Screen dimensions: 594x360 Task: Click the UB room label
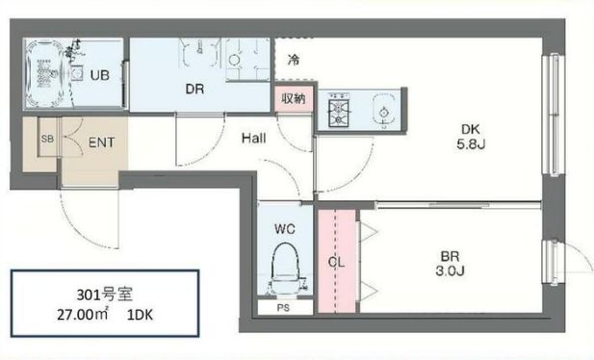coord(100,75)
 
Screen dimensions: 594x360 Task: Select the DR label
coord(194,90)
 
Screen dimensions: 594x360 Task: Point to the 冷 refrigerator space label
coord(294,60)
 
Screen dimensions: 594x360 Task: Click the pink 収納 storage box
coord(294,99)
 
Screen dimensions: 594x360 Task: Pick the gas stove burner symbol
coord(338,109)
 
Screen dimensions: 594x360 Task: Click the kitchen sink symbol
coord(384,111)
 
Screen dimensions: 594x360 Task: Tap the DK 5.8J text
coord(471,137)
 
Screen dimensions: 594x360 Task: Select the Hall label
coord(254,139)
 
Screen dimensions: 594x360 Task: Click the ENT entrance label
coord(101,142)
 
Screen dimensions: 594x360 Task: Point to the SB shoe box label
coord(47,139)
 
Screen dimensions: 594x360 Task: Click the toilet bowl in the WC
coord(285,269)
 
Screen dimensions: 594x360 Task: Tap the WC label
coord(285,229)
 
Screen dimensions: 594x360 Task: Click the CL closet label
coord(336,262)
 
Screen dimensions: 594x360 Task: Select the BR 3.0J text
coord(450,264)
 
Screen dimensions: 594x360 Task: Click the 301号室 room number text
coord(105,295)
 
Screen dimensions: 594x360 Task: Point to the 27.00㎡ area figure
coord(83,315)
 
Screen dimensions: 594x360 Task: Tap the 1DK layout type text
coord(140,316)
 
